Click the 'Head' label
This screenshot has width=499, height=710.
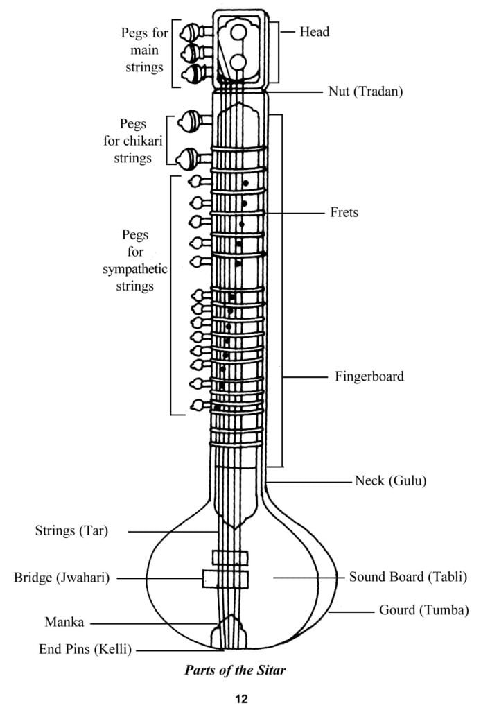click(315, 31)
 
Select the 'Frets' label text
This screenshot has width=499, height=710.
click(344, 212)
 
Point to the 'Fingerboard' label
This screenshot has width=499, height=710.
click(369, 376)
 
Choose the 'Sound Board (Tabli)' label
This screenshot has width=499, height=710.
click(408, 576)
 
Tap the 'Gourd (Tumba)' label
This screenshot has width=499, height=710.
click(424, 611)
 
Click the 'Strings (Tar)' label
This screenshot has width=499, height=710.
click(71, 531)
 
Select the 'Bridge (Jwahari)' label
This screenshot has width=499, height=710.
click(62, 577)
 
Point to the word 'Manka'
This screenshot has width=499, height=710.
click(64, 622)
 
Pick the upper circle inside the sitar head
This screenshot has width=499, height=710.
click(238, 32)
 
